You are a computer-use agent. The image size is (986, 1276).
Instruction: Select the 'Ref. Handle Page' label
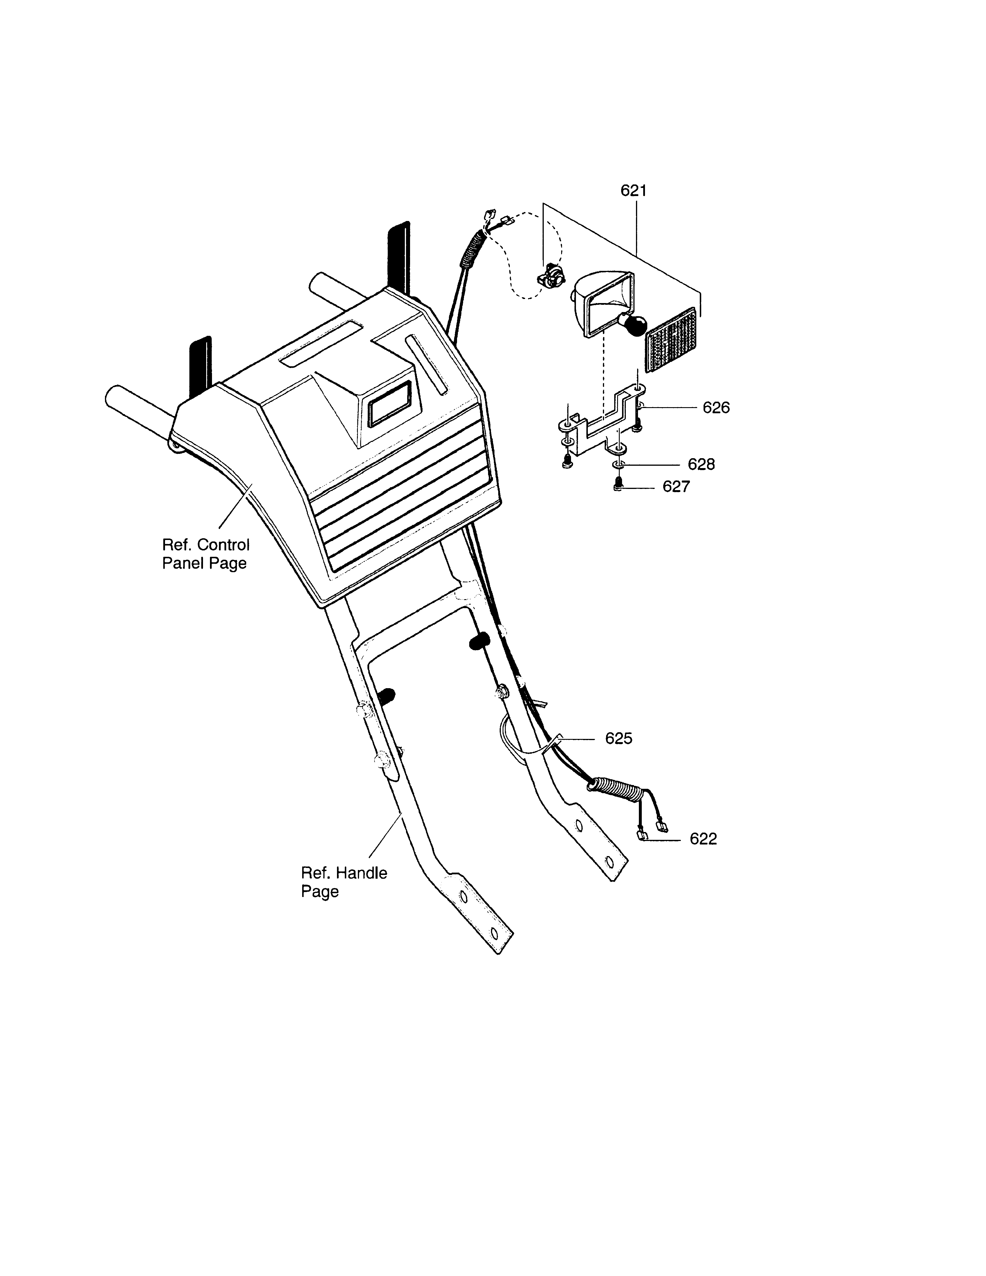(344, 882)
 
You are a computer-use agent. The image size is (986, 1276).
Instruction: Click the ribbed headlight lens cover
(671, 340)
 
